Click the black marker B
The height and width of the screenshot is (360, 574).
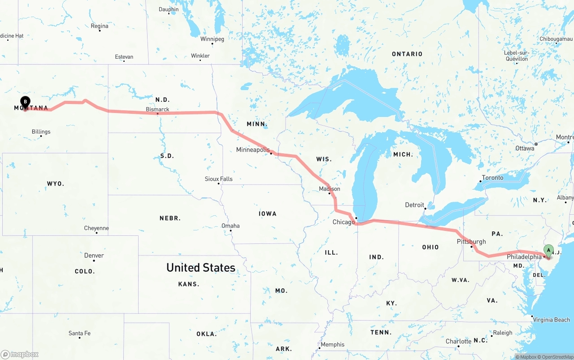pos(25,102)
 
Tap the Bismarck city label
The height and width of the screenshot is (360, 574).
pos(157,109)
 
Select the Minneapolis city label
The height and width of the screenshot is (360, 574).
pos(253,150)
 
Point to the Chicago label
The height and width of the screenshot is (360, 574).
pos(344,222)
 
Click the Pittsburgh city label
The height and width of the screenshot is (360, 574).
pos(471,242)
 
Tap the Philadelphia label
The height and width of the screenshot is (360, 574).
pos(524,257)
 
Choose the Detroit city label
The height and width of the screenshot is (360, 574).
pos(414,205)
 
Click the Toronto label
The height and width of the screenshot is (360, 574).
pos(492,178)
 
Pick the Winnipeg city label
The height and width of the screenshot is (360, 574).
pos(212,39)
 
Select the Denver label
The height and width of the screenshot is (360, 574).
pos(94,256)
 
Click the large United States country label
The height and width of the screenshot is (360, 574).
pos(200,268)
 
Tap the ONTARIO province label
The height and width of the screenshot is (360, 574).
pos(407,54)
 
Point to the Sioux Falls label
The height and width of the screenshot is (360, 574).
pos(219,179)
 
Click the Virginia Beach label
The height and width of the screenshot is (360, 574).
pos(551,320)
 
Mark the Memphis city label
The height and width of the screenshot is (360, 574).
pos(332,344)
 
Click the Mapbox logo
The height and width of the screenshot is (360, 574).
pos(20,354)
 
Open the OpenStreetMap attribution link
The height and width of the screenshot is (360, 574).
pos(556,357)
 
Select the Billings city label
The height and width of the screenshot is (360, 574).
pos(41,132)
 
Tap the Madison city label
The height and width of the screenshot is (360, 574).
pos(329,189)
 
